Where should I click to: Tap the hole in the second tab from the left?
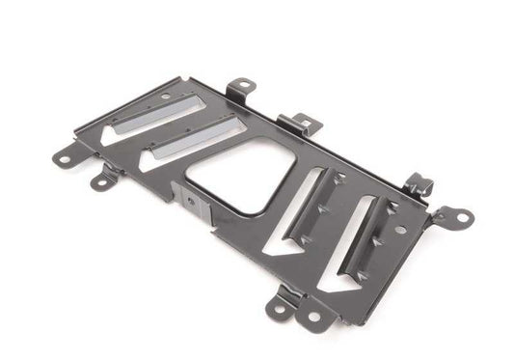pyautogui.click(x=99, y=180)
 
